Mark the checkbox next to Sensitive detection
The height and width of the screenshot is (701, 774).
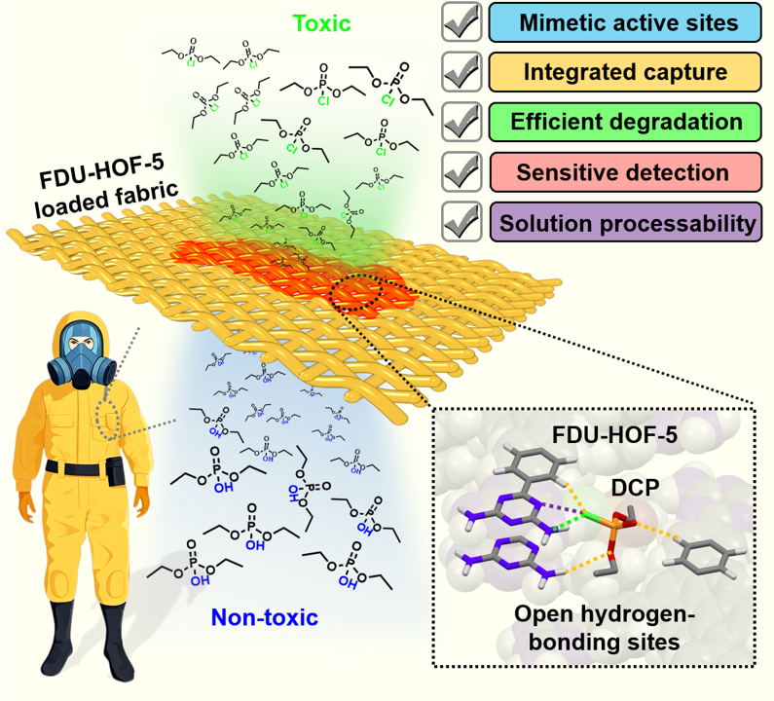point(461,172)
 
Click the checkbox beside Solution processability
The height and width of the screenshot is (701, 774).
point(461,223)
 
